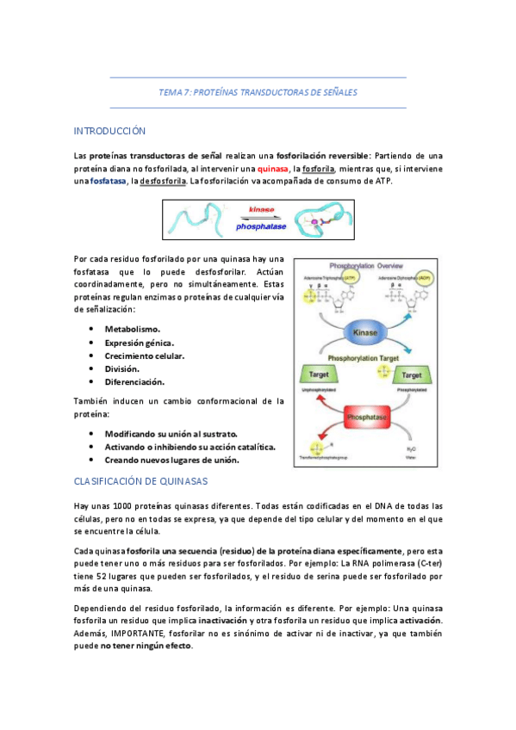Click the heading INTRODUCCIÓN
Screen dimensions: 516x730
109,131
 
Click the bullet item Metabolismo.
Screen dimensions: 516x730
133,330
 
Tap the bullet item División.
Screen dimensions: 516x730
122,368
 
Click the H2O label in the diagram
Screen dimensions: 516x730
411,449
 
